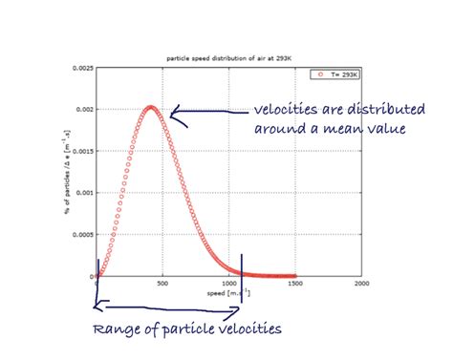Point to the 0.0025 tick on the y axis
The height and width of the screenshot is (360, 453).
point(80,68)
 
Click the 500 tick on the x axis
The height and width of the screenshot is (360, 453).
point(162,284)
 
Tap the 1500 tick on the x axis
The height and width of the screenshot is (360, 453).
point(294,284)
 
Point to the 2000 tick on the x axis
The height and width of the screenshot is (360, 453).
point(360,284)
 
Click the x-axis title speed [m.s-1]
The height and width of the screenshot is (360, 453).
point(228,292)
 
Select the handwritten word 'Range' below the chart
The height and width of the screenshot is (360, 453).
point(117,330)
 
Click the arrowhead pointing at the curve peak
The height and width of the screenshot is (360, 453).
point(174,115)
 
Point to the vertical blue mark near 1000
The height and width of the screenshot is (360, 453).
point(242,278)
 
